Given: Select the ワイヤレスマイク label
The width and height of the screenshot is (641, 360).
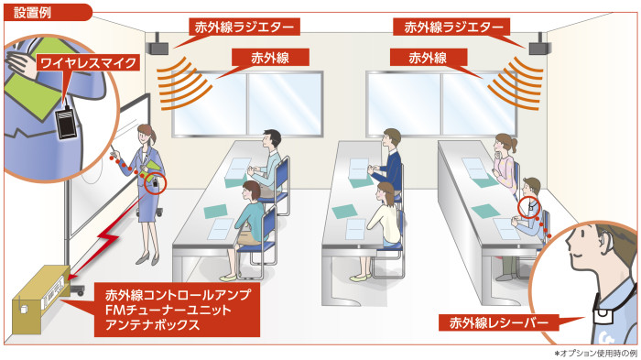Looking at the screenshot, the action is [x=89, y=63].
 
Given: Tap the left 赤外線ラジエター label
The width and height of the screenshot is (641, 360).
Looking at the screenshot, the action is [x=244, y=27].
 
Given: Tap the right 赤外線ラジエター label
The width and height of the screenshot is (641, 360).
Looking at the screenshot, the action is [x=451, y=27].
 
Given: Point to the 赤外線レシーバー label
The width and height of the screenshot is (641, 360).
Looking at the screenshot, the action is [x=499, y=322].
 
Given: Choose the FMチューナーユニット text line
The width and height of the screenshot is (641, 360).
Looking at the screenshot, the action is [x=168, y=310].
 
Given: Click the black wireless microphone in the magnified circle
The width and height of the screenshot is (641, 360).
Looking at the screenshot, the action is [x=66, y=123].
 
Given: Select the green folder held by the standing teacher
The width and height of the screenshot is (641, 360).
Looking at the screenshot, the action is [x=154, y=169].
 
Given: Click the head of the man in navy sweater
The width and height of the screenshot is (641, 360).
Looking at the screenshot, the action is [x=392, y=139].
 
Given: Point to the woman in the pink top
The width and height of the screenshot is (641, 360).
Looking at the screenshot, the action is [x=505, y=163].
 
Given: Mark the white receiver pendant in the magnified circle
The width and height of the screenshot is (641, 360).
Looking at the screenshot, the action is [x=603, y=318].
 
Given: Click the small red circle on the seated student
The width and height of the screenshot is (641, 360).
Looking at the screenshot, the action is [x=528, y=207].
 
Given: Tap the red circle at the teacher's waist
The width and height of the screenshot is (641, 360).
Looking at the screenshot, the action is [x=156, y=183].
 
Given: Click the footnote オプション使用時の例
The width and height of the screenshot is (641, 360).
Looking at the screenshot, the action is [x=598, y=353].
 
